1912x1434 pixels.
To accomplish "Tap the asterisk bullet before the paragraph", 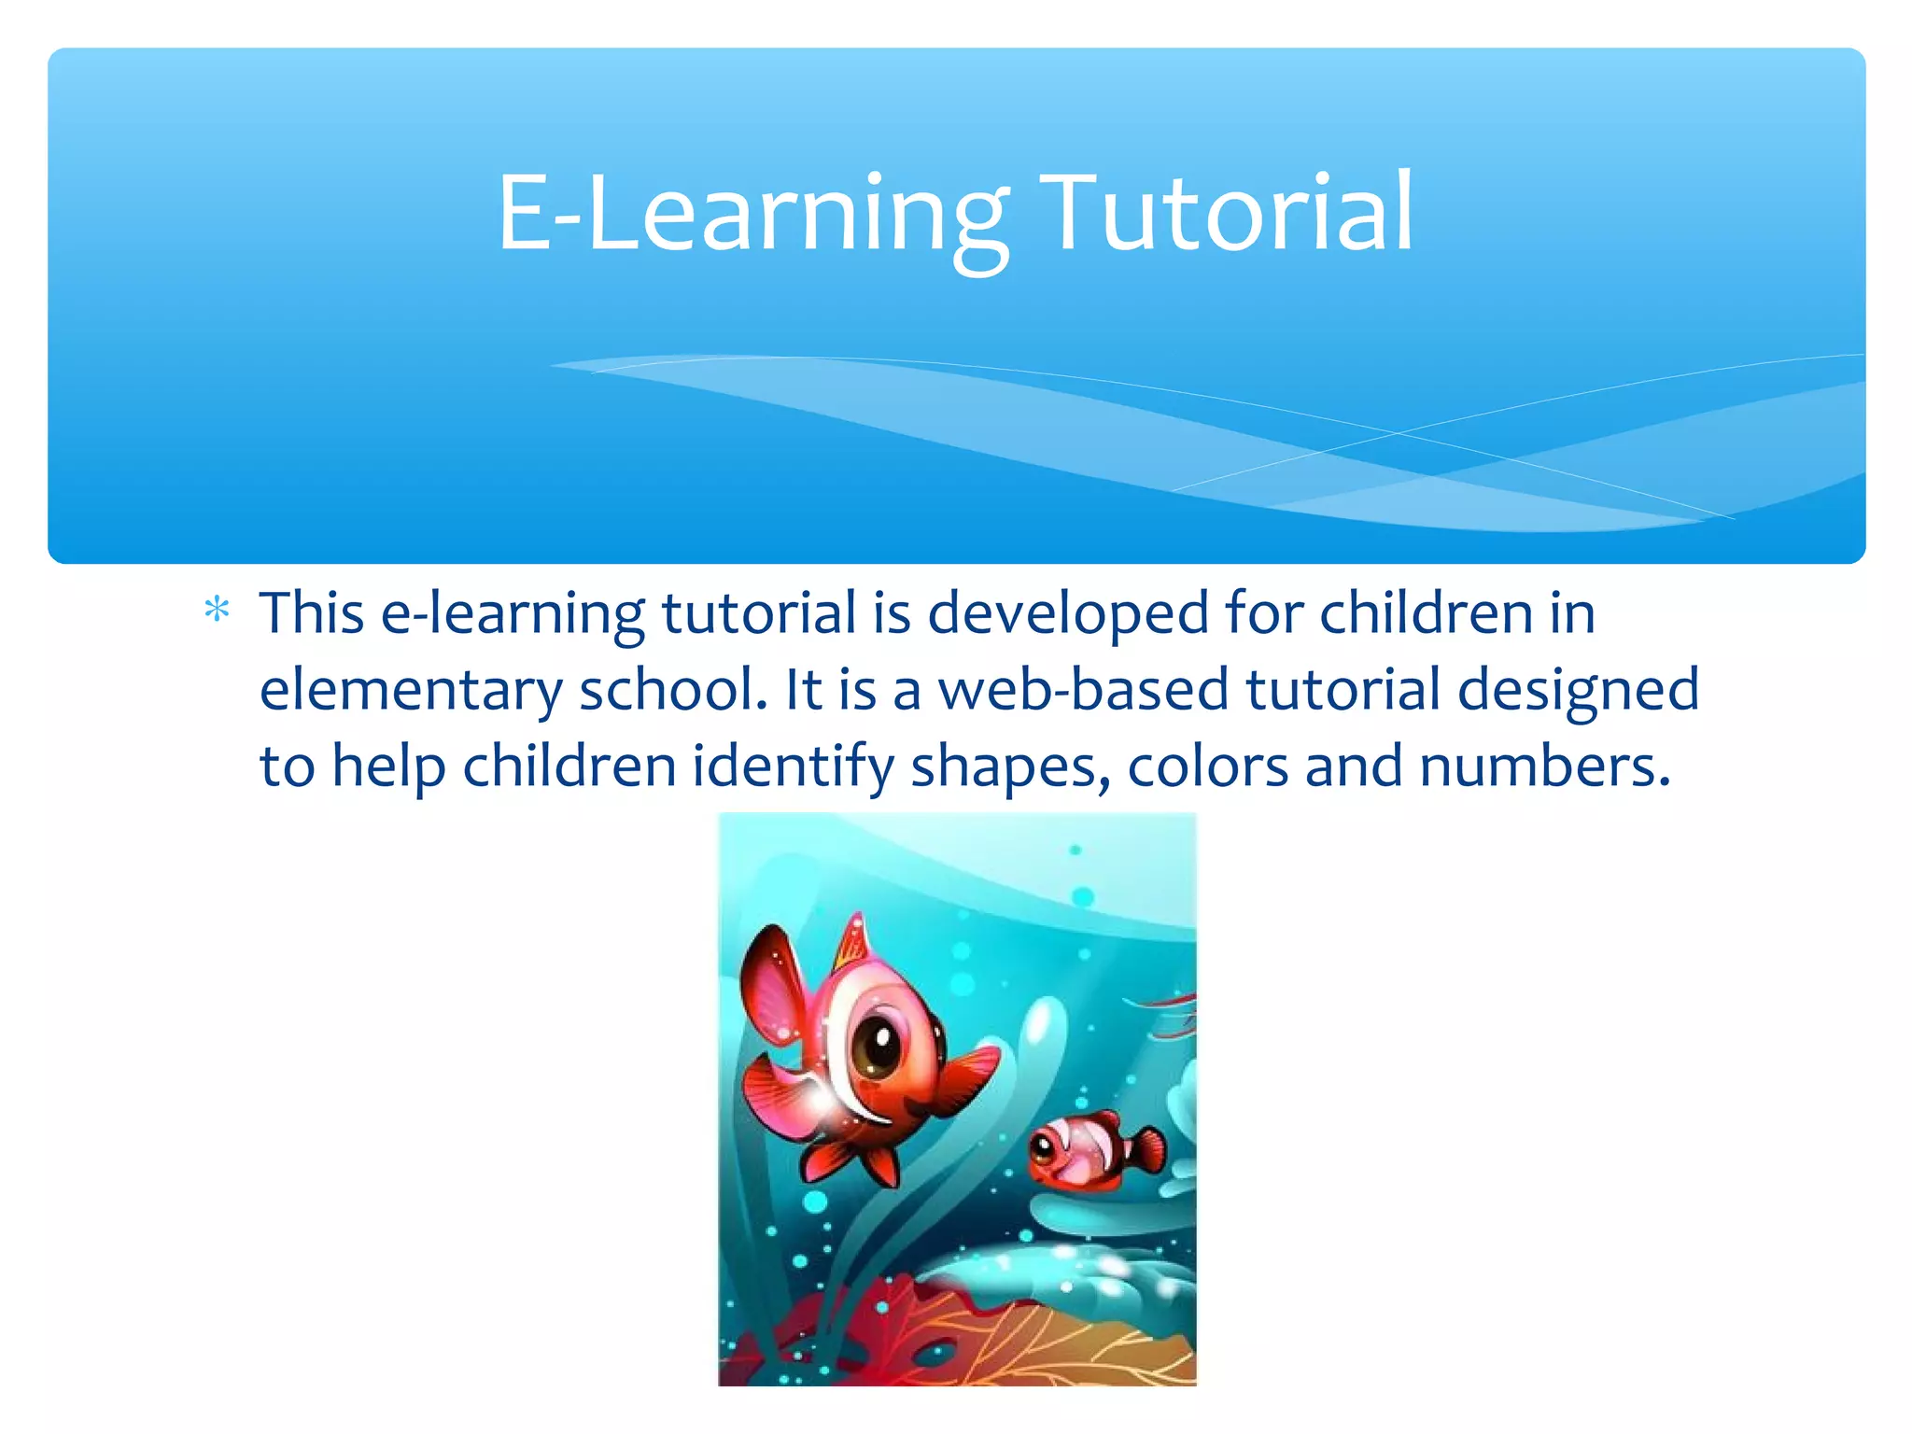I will coord(217,611).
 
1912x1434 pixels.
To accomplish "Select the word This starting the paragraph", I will coord(312,613).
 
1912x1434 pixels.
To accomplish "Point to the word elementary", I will coord(411,690).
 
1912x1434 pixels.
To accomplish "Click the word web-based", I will coord(1083,690).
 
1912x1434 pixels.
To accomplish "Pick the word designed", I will coord(1578,690).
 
